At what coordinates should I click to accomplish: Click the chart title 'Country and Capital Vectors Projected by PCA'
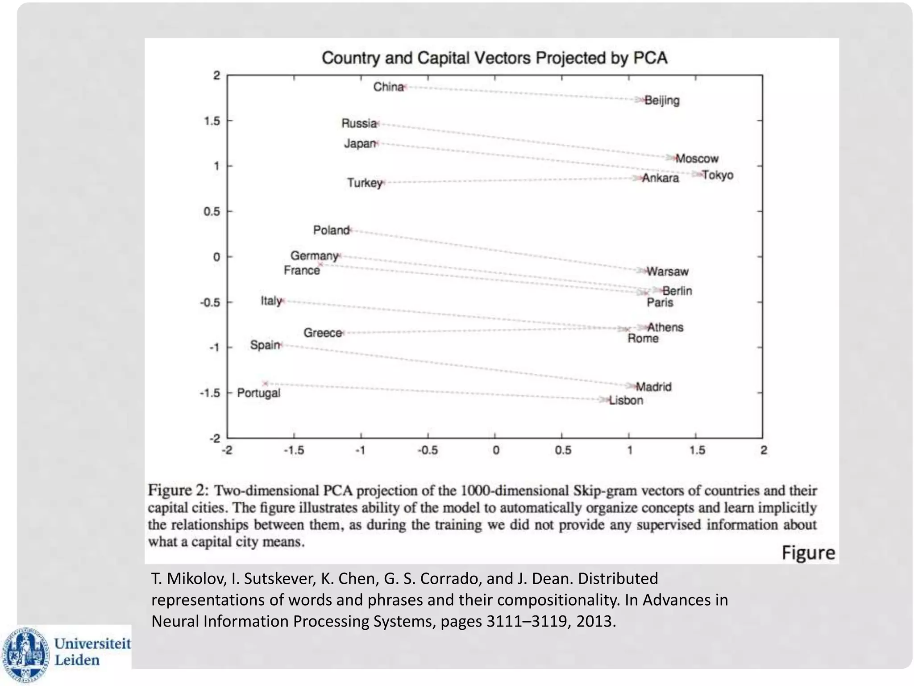pos(494,58)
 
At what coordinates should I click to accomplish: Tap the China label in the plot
pos(388,87)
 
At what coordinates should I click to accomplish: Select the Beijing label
pos(662,100)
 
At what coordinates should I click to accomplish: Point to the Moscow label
pos(697,159)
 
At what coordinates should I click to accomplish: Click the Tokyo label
pos(718,175)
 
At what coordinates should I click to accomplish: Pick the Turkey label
pos(365,183)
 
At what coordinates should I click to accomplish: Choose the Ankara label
pos(661,178)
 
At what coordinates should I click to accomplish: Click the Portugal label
pos(258,393)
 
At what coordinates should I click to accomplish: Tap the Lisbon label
pos(626,400)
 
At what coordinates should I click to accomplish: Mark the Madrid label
pos(653,387)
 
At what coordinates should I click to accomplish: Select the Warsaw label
pos(668,272)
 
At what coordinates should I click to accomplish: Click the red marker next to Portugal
pos(266,383)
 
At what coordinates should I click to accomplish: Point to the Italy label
pos(271,301)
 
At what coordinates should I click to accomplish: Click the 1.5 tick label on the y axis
pos(212,121)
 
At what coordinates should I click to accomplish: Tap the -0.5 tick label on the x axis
pos(427,451)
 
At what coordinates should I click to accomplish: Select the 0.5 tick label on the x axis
pos(563,451)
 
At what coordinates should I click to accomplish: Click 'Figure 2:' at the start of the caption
pos(178,490)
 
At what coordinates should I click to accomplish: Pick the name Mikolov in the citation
pos(195,579)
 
